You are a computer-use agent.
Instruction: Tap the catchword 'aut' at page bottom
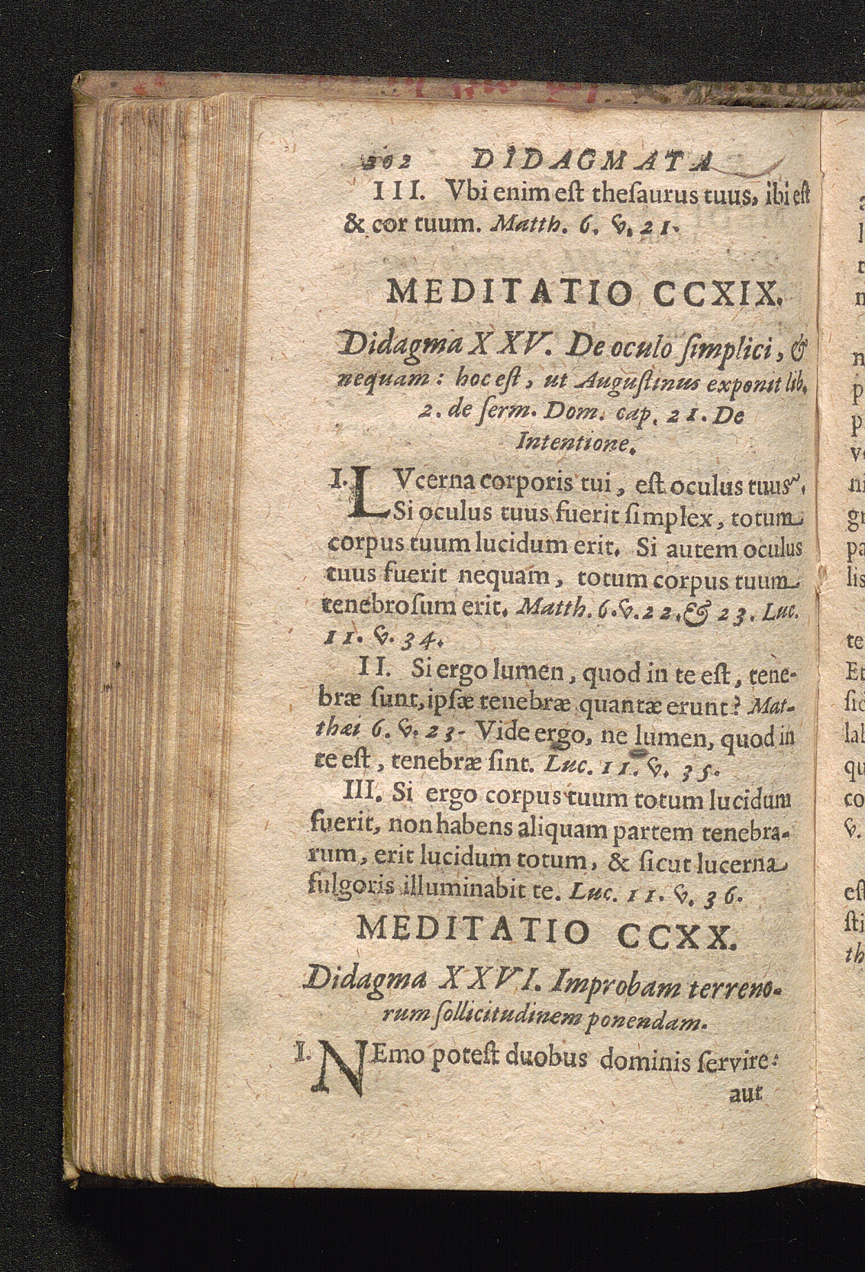tap(745, 1093)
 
